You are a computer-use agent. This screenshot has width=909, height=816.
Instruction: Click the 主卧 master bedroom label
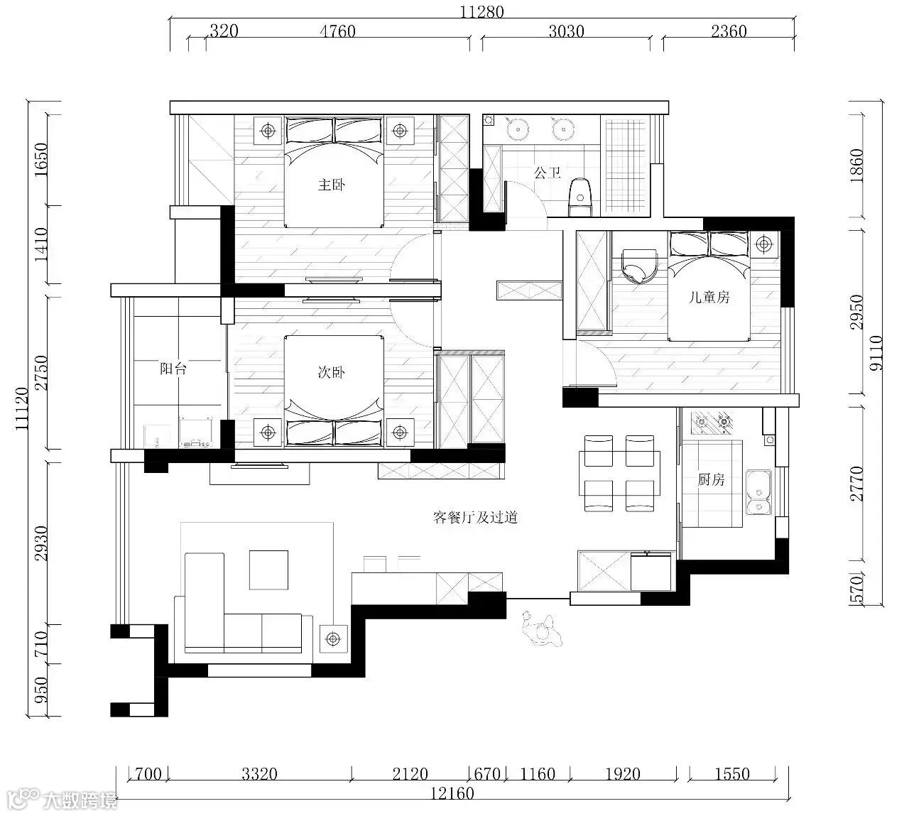(x=332, y=185)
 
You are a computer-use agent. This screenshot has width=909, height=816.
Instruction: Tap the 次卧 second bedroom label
(x=332, y=372)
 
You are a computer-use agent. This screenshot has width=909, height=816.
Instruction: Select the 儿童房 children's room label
(x=709, y=297)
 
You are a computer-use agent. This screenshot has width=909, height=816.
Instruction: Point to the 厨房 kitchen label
(x=711, y=480)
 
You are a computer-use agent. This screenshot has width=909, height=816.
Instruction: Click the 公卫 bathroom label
(x=548, y=173)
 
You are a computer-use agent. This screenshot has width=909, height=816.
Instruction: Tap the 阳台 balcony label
(x=173, y=369)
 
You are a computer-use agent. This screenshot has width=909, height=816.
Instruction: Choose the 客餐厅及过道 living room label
(x=476, y=518)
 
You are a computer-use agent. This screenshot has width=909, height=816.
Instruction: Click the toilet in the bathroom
(x=581, y=197)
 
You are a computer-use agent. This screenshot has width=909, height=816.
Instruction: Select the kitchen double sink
(x=758, y=492)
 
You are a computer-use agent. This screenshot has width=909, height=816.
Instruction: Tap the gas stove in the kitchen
(x=712, y=423)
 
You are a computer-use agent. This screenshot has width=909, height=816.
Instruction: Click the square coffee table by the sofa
(x=268, y=570)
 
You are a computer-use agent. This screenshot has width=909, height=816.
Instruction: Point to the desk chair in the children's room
(x=639, y=266)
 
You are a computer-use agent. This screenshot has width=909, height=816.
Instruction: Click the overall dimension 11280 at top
(x=482, y=11)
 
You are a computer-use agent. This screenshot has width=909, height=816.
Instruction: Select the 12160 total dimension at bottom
(x=452, y=793)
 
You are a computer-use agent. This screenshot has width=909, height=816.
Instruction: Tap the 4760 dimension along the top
(x=338, y=31)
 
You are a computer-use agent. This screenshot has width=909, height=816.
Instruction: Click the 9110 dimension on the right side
(x=876, y=353)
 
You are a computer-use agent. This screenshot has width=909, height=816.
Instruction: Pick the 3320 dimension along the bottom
(x=259, y=774)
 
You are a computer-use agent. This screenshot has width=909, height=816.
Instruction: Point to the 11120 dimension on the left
(x=21, y=408)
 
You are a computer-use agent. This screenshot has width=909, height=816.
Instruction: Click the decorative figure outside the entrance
(x=542, y=629)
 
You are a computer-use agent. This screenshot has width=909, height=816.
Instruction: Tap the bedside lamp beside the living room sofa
(x=332, y=638)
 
